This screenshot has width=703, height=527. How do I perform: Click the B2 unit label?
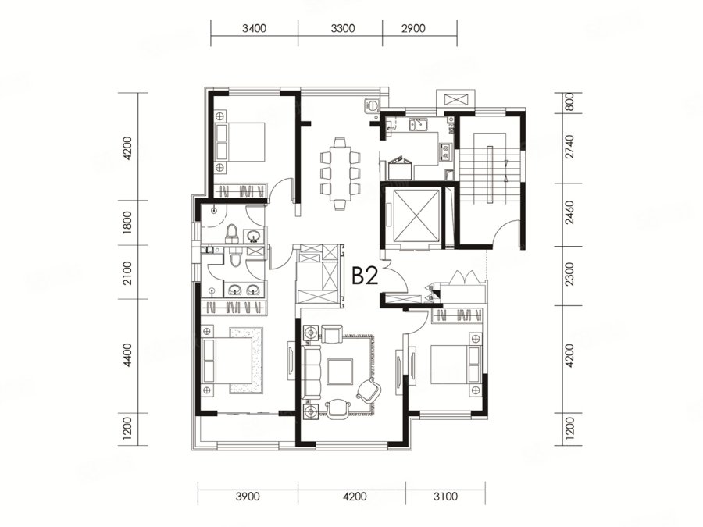click(366, 276)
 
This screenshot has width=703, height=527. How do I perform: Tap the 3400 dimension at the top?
click(254, 29)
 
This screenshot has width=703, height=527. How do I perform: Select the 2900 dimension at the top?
click(413, 29)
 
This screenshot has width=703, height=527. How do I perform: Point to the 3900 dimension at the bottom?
click(248, 497)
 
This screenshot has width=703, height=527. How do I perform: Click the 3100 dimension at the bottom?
click(446, 497)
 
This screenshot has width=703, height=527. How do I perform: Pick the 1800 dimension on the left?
click(127, 223)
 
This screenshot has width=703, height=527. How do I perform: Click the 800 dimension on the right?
click(569, 102)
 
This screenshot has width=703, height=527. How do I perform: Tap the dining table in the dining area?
click(341, 174)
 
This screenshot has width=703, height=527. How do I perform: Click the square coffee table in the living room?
click(340, 372)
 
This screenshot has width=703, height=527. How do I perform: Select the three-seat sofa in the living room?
click(312, 372)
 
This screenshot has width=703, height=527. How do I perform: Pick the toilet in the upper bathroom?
click(231, 233)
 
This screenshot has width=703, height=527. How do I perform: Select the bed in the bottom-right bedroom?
click(455, 363)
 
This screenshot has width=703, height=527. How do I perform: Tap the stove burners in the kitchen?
click(446, 151)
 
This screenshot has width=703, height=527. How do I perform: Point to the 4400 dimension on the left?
click(127, 355)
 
